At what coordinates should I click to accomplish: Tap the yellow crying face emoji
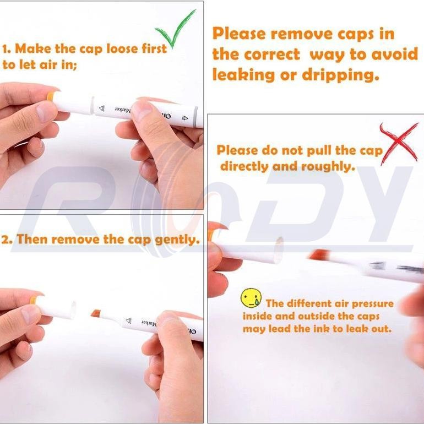[x=251, y=298]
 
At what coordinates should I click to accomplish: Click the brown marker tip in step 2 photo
[x=96, y=313]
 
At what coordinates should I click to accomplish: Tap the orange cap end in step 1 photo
[x=50, y=96]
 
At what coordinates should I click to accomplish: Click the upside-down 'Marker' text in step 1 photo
[x=123, y=110]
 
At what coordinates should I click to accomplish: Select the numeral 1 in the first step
[x=6, y=50]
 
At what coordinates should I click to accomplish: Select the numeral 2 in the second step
[x=7, y=240]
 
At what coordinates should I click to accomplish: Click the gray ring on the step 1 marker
[x=195, y=117]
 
